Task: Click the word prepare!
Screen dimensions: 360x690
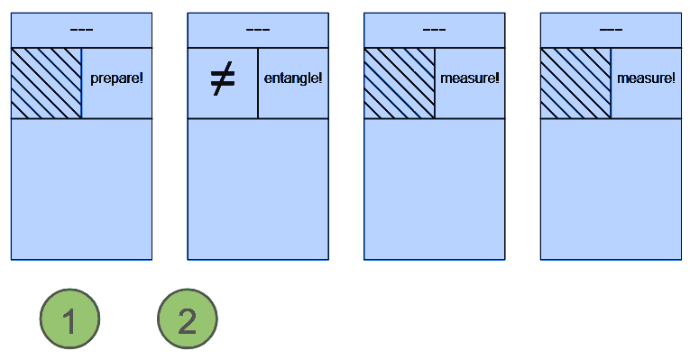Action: pyautogui.click(x=117, y=78)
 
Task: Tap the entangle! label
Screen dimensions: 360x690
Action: pyautogui.click(x=293, y=78)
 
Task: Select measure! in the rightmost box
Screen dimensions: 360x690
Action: pyautogui.click(x=646, y=78)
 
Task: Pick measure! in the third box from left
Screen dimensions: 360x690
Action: pyautogui.click(x=470, y=78)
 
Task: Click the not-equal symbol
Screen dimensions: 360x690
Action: pyautogui.click(x=222, y=81)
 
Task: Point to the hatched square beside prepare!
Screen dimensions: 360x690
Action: pyautogui.click(x=46, y=82)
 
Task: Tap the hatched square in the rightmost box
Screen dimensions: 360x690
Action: pyautogui.click(x=575, y=82)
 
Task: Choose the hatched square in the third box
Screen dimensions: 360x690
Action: pyautogui.click(x=400, y=82)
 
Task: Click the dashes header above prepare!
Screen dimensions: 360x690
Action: pyautogui.click(x=81, y=30)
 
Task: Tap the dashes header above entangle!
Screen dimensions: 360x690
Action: pyautogui.click(x=258, y=30)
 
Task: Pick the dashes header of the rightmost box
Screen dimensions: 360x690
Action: pyautogui.click(x=611, y=30)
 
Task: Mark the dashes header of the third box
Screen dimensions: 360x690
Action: pyautogui.click(x=434, y=30)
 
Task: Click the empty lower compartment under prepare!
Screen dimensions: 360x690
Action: pyautogui.click(x=81, y=189)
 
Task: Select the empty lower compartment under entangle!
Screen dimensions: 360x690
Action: pyautogui.click(x=258, y=189)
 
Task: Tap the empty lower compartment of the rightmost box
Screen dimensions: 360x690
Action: pyautogui.click(x=611, y=189)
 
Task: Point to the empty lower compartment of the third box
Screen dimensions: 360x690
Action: pyautogui.click(x=434, y=189)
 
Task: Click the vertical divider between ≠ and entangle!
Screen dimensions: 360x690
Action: pyautogui.click(x=258, y=82)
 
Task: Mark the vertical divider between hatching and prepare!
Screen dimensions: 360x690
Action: pyautogui.click(x=81, y=82)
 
